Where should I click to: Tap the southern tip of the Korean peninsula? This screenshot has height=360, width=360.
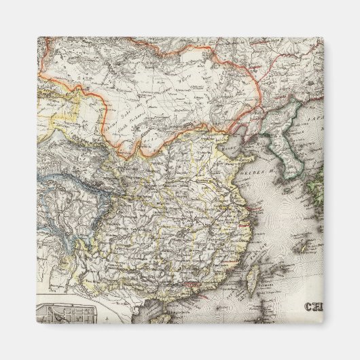click(x=292, y=177)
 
